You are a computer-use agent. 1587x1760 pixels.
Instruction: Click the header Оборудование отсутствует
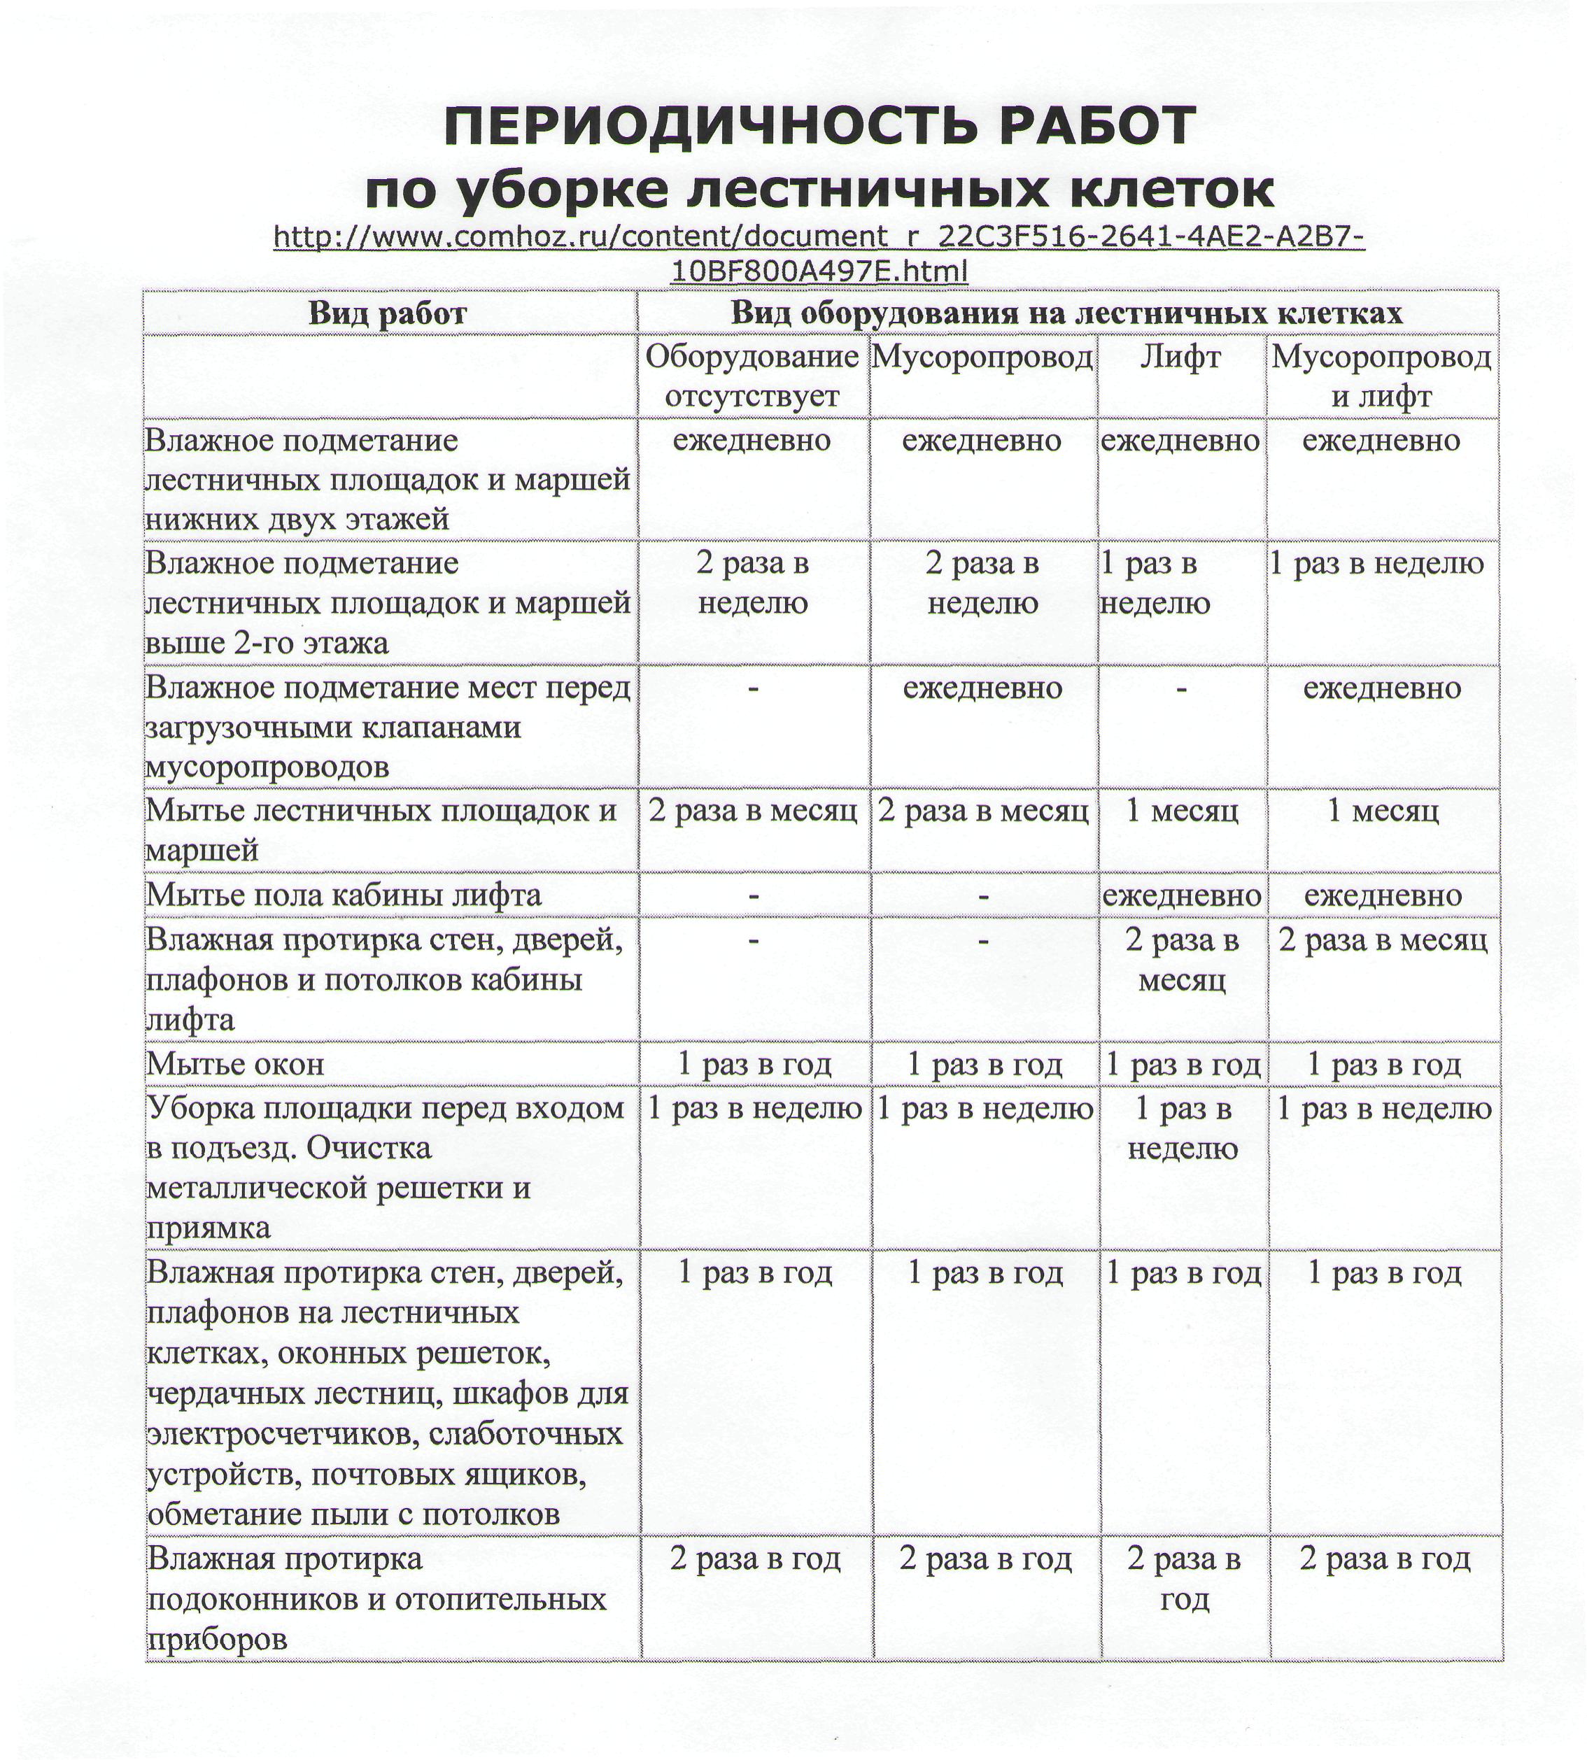point(752,376)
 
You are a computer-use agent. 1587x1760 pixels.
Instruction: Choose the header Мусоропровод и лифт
point(1381,376)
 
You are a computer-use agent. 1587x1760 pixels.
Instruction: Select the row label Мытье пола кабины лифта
point(344,895)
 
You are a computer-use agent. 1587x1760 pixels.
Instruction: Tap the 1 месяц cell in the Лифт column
point(1182,811)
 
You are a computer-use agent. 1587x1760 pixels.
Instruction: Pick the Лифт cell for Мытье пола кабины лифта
point(1182,895)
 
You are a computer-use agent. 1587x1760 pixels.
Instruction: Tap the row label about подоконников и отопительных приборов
point(376,1600)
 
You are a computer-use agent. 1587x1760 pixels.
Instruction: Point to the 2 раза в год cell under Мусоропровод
point(985,1559)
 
